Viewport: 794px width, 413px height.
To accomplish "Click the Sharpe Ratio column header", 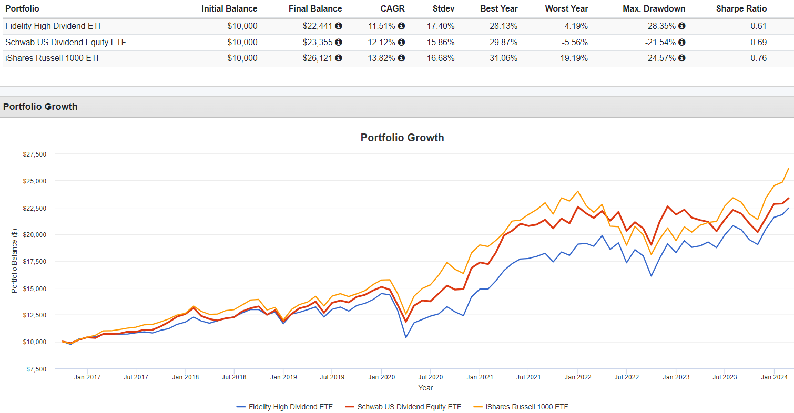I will [741, 8].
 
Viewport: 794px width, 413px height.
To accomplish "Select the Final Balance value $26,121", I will [317, 58].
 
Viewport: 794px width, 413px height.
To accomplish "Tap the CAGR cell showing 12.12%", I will [382, 42].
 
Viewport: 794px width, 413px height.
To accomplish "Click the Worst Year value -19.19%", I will [573, 58].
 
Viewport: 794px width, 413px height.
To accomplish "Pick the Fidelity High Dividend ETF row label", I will [54, 26].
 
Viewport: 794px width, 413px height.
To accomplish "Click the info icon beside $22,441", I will [339, 26].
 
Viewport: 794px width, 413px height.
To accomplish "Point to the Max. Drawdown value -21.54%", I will [661, 42].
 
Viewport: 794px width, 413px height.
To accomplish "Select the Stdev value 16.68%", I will [442, 58].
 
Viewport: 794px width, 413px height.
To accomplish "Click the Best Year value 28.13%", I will [504, 26].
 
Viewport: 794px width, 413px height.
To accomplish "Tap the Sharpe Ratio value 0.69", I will [759, 42].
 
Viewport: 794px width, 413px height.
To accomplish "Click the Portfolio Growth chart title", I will [402, 138].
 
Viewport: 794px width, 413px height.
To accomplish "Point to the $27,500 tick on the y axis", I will [34, 154].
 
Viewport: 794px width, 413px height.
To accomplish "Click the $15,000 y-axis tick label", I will [34, 288].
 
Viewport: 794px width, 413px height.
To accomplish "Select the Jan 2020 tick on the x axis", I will [381, 377].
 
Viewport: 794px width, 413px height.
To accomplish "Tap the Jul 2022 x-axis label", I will [626, 377].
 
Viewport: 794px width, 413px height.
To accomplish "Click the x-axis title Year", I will [425, 388].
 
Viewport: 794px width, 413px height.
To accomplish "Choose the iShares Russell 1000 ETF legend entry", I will [526, 406].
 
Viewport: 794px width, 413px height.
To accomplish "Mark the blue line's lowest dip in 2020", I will [406, 337].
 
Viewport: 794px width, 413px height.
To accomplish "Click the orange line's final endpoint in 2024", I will [788, 169].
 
